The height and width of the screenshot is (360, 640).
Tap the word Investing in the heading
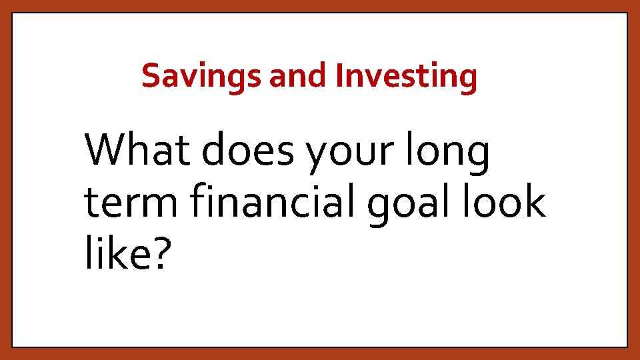tap(407, 76)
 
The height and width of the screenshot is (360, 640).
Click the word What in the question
tap(139, 151)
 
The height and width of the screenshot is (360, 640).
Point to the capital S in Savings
tap(151, 76)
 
